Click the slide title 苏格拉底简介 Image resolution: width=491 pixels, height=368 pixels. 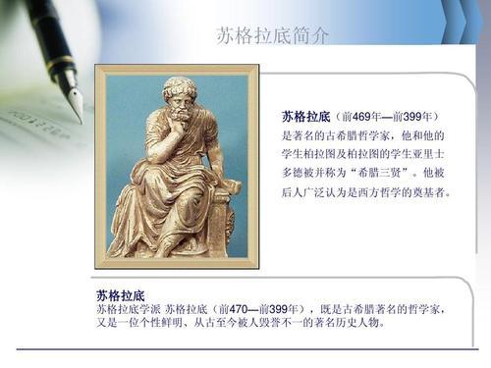(272, 36)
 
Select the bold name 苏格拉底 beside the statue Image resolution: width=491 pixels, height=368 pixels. (307, 117)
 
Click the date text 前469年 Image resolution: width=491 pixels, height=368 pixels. (364, 117)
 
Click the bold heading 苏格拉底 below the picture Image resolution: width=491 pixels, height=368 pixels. (120, 294)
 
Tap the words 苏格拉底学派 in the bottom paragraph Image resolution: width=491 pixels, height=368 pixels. (127, 309)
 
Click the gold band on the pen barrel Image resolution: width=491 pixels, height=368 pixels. (62, 65)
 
